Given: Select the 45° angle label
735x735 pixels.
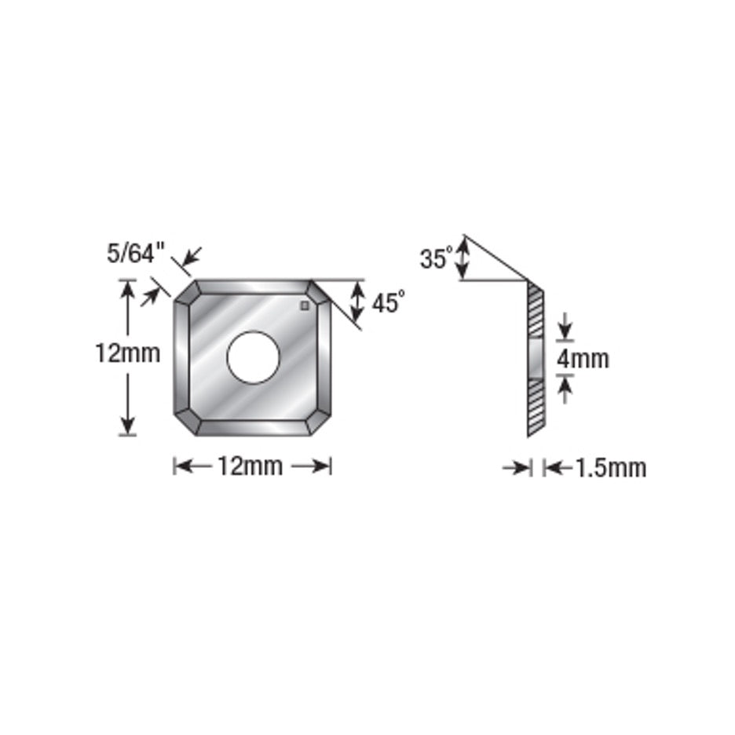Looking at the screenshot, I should click(x=389, y=302).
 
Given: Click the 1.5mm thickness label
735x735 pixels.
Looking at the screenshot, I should click(x=610, y=468).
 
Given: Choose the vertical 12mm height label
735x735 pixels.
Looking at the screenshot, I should click(x=127, y=354).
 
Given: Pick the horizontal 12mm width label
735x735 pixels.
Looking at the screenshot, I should click(x=250, y=466).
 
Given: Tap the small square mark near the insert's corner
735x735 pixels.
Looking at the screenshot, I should click(x=305, y=306).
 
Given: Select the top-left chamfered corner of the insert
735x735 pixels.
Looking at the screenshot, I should click(x=186, y=294).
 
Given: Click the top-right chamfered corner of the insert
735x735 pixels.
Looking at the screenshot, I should click(x=319, y=294).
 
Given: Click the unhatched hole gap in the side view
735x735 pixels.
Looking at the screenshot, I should click(x=536, y=359).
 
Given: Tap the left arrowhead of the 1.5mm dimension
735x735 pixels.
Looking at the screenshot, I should click(x=524, y=468).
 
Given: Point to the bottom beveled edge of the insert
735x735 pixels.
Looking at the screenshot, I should click(x=252, y=427).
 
